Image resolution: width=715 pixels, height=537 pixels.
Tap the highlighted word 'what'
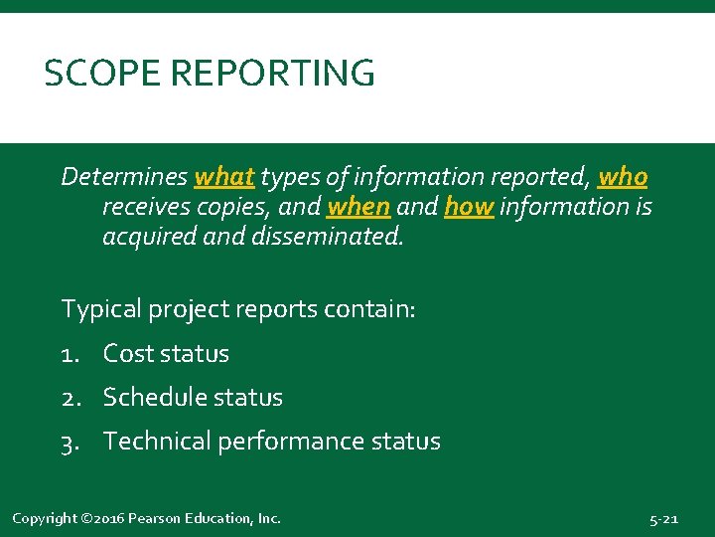(x=224, y=177)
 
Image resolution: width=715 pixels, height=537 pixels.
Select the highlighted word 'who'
(x=623, y=177)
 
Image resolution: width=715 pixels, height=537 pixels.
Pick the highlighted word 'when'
(x=357, y=207)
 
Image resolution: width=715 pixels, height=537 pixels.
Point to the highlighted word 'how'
(x=469, y=207)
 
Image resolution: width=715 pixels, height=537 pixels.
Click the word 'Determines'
(x=124, y=177)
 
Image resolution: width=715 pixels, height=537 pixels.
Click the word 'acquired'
(x=148, y=238)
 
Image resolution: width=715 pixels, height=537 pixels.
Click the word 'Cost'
(x=129, y=354)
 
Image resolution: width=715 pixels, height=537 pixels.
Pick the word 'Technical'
(x=156, y=442)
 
